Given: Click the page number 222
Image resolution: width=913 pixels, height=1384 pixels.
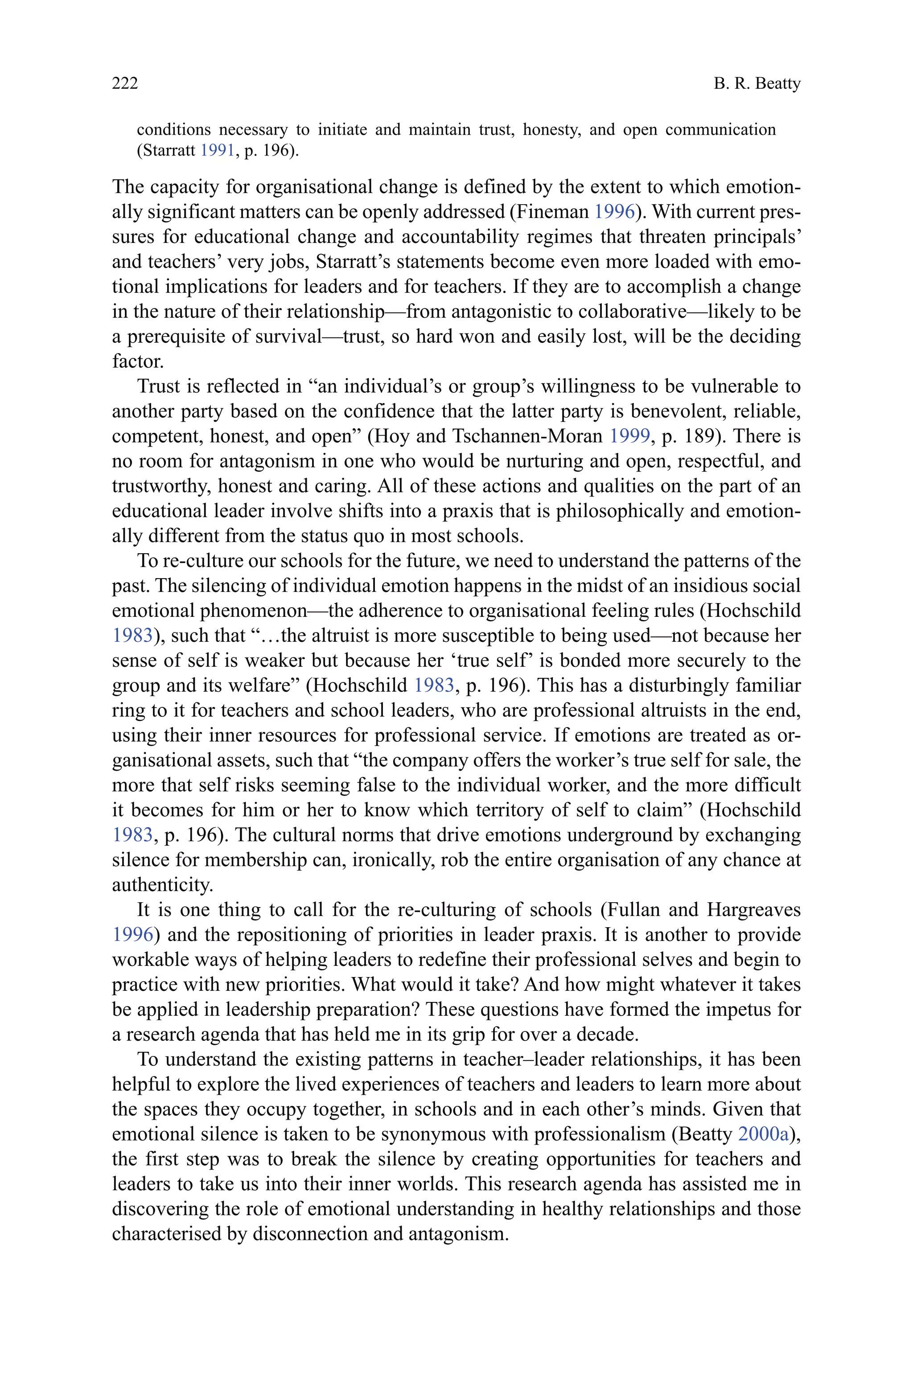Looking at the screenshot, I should pyautogui.click(x=125, y=84).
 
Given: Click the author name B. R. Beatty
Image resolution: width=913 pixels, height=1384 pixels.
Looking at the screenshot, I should pyautogui.click(x=757, y=84).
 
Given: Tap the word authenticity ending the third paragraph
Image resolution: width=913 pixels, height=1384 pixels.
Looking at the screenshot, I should pyautogui.click(x=162, y=886).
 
